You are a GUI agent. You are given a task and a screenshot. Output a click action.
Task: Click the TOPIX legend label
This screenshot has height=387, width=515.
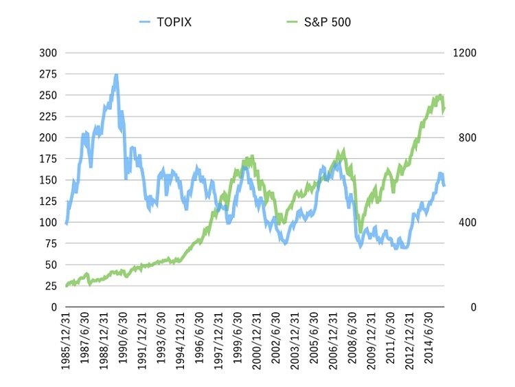click(174, 22)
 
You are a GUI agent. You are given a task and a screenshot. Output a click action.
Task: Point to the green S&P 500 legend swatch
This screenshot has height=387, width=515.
click(292, 22)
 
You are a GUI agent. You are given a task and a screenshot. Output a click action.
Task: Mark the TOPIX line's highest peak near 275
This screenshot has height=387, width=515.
click(116, 75)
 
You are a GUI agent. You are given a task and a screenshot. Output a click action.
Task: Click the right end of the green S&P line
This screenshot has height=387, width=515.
click(444, 109)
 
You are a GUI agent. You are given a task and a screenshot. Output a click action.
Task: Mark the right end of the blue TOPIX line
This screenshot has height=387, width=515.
click(444, 186)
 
